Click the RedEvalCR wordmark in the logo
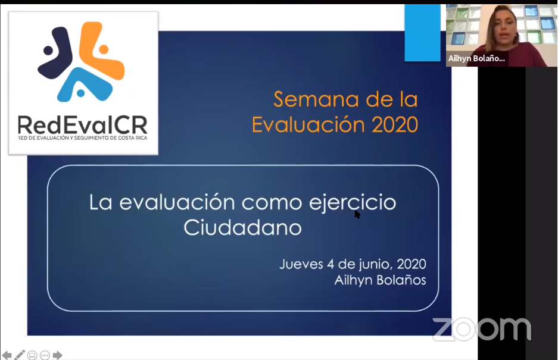click(x=83, y=125)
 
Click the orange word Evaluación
click(x=308, y=124)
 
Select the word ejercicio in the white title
click(x=353, y=203)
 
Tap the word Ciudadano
click(x=242, y=228)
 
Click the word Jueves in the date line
click(x=301, y=264)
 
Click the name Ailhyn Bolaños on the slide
click(x=380, y=280)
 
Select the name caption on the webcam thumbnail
click(x=476, y=59)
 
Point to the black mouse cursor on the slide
click(x=357, y=214)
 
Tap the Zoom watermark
click(x=482, y=329)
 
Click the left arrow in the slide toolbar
click(x=7, y=355)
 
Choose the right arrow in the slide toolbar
click(x=57, y=355)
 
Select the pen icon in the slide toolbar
click(x=20, y=355)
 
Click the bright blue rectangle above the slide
click(x=422, y=33)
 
